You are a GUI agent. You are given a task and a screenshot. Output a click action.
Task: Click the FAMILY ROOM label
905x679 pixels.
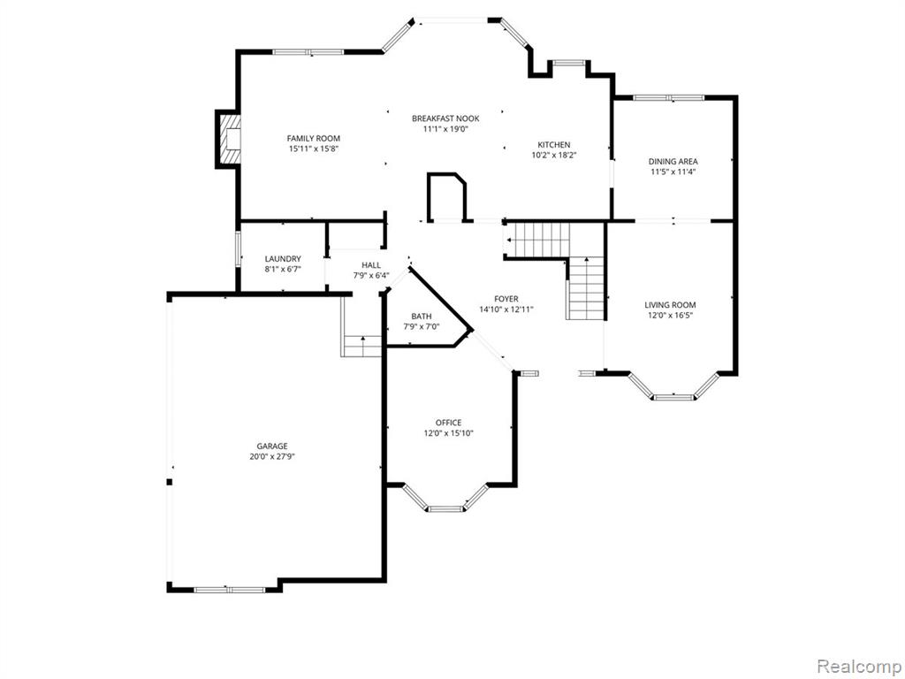(x=314, y=139)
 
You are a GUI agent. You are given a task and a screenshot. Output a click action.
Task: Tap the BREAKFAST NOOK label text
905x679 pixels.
(x=445, y=118)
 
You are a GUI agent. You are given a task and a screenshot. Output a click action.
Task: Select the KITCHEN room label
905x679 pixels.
(x=554, y=145)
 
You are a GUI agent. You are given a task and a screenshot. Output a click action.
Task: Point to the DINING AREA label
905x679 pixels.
(x=673, y=162)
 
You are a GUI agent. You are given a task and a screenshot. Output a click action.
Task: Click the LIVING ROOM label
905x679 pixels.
(x=670, y=305)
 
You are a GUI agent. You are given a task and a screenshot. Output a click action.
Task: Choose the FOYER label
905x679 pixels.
(x=506, y=299)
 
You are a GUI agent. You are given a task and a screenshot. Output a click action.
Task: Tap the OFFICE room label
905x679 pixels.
(x=448, y=423)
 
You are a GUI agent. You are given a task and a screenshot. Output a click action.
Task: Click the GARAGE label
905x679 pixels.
(x=272, y=446)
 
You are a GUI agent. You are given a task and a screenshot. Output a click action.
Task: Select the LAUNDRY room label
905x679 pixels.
(x=283, y=259)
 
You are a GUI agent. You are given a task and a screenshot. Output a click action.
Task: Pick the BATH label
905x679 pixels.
(x=422, y=317)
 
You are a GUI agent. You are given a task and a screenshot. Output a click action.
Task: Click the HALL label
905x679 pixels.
(x=371, y=265)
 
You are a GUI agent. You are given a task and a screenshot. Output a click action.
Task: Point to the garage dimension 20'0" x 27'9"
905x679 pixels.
(x=272, y=457)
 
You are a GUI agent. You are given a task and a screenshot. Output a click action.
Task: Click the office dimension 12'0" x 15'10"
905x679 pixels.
(x=448, y=433)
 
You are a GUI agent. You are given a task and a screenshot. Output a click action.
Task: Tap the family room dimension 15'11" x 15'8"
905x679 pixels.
(x=314, y=149)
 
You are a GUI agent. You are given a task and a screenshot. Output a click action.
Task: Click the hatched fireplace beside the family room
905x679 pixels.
(x=228, y=139)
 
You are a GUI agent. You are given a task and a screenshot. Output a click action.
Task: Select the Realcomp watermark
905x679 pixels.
(x=859, y=667)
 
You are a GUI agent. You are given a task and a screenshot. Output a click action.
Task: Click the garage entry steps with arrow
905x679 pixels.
(x=361, y=346)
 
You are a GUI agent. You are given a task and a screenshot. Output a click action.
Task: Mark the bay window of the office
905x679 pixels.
(x=445, y=499)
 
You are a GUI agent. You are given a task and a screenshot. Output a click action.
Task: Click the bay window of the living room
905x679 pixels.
(x=673, y=386)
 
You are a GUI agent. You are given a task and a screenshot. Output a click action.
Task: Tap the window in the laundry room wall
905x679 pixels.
(x=237, y=248)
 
